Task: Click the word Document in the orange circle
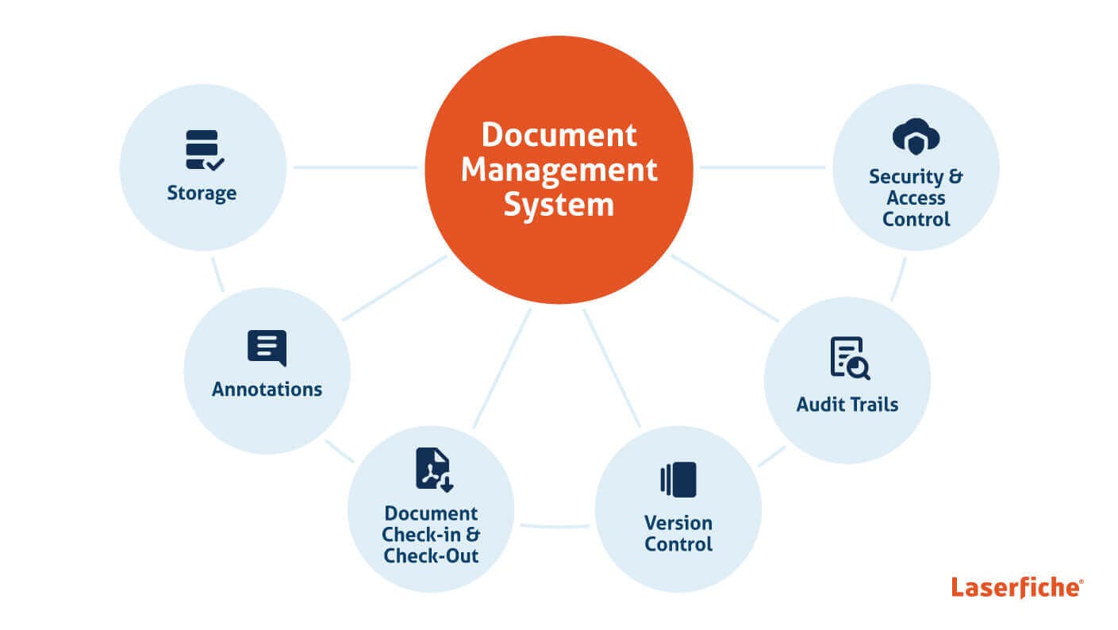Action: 559,135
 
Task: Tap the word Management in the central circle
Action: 559,170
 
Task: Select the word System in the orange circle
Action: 559,205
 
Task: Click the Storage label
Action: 202,193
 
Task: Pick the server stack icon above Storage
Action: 204,150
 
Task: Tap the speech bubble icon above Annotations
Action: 267,348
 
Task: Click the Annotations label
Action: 267,390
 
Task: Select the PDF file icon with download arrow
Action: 433,470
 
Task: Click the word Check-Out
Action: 431,555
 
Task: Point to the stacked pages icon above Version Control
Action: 678,479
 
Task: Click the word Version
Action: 678,523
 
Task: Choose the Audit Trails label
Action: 847,405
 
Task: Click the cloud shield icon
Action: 916,137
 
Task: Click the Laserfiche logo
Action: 1016,588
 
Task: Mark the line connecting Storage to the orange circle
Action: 355,167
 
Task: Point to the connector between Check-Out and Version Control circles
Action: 555,525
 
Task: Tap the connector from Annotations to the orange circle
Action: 394,288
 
